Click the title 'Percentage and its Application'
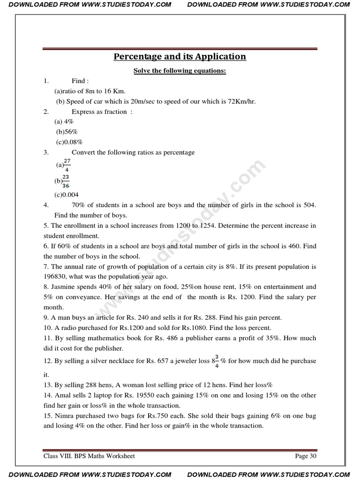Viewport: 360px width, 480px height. pyautogui.click(x=180, y=57)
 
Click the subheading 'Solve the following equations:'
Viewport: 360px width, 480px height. pyautogui.click(x=180, y=71)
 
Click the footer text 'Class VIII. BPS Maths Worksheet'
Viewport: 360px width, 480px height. pyautogui.click(x=89, y=456)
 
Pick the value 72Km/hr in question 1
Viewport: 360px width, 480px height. pyautogui.click(x=241, y=101)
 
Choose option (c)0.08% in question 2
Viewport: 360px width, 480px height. pyautogui.click(x=69, y=142)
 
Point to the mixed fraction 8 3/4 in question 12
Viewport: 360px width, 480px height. pyautogui.click(x=215, y=360)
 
